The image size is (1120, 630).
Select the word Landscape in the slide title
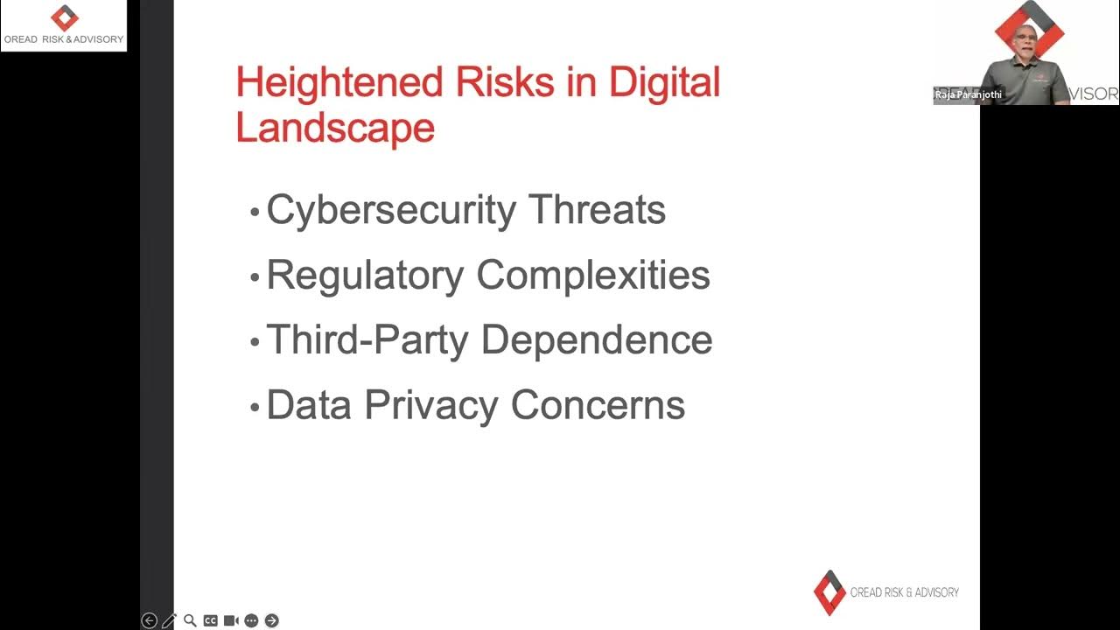click(335, 128)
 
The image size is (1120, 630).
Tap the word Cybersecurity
click(391, 211)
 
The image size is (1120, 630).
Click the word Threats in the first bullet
click(597, 211)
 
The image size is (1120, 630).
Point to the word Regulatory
click(365, 276)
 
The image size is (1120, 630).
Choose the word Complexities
click(593, 276)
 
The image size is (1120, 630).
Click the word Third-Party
click(367, 340)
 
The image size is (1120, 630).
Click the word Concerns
click(598, 405)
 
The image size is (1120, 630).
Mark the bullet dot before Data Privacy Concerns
click(255, 408)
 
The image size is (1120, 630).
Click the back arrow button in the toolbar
click(149, 620)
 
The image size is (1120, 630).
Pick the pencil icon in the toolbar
click(169, 620)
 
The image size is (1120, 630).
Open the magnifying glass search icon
click(190, 620)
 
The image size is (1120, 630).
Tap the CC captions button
click(210, 620)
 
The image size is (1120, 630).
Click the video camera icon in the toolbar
click(231, 620)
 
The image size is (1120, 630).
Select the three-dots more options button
click(251, 620)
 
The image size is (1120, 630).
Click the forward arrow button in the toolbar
click(271, 620)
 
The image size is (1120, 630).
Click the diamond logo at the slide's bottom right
click(829, 592)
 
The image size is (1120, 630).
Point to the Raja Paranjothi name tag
click(968, 94)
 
